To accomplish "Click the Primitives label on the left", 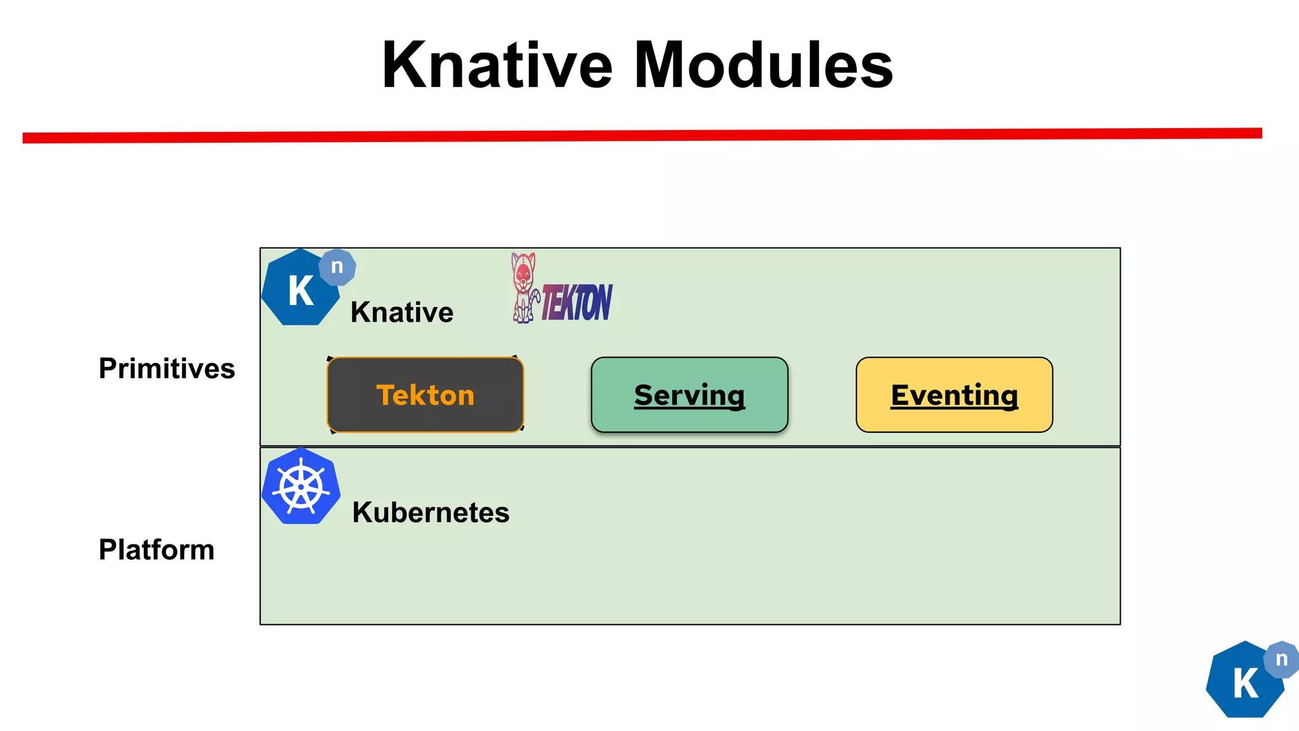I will pyautogui.click(x=167, y=369).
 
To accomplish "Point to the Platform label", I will pyautogui.click(x=157, y=550).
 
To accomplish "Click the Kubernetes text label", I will pyautogui.click(x=431, y=512).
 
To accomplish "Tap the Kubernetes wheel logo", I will pyautogui.click(x=301, y=487).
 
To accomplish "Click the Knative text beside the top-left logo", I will pyautogui.click(x=401, y=312).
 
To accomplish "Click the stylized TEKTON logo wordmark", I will pyautogui.click(x=577, y=303).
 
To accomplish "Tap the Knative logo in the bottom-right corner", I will pyautogui.click(x=1245, y=682).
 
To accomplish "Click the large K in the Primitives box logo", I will pyautogui.click(x=301, y=291).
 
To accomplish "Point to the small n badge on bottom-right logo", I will pyautogui.click(x=1281, y=659).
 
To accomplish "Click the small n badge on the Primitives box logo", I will pyautogui.click(x=337, y=267).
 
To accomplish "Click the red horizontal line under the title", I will pyautogui.click(x=642, y=135).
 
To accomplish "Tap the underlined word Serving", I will pyautogui.click(x=689, y=395).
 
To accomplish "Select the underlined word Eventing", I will pyautogui.click(x=954, y=395).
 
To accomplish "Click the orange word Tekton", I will pyautogui.click(x=425, y=395).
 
